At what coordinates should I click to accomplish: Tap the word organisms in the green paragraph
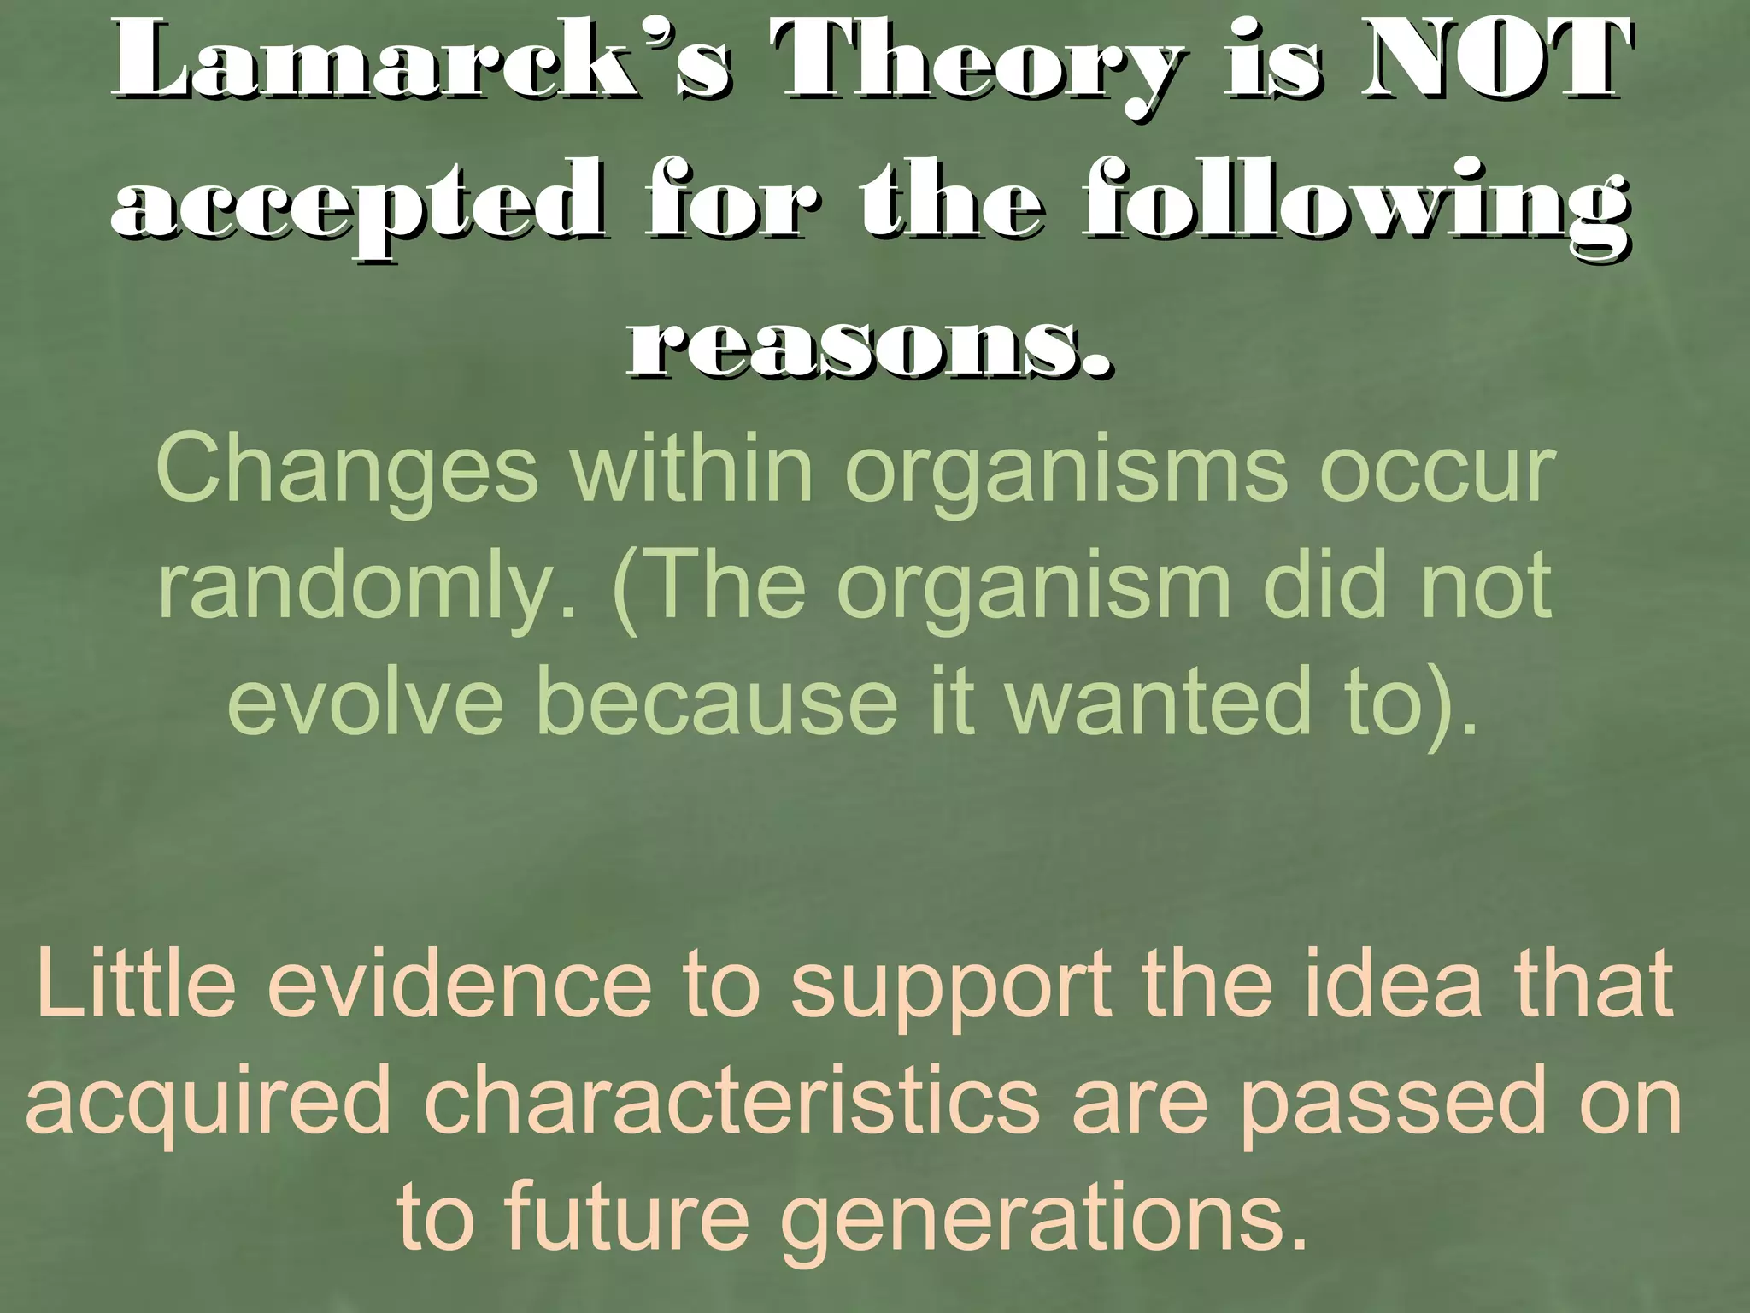tap(1065, 473)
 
